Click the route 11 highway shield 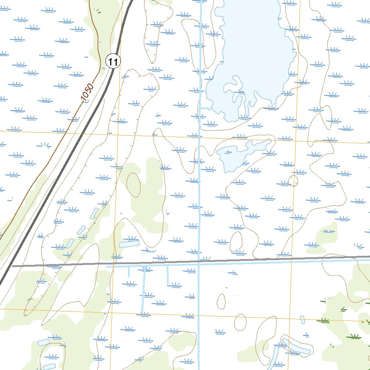[x=113, y=62]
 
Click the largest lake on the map [x=249, y=54]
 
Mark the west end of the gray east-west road [x=13, y=266]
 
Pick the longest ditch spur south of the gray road [x=144, y=289]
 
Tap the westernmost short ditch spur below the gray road [x=129, y=272]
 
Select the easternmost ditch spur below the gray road [x=167, y=275]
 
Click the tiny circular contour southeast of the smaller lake [x=293, y=180]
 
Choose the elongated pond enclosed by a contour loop [x=296, y=346]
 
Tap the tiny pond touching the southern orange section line [x=303, y=319]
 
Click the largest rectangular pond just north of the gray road [x=129, y=243]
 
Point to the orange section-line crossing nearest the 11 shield [x=118, y=134]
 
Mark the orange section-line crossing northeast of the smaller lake [x=296, y=140]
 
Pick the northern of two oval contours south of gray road [x=221, y=301]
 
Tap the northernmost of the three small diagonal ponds [x=94, y=213]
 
